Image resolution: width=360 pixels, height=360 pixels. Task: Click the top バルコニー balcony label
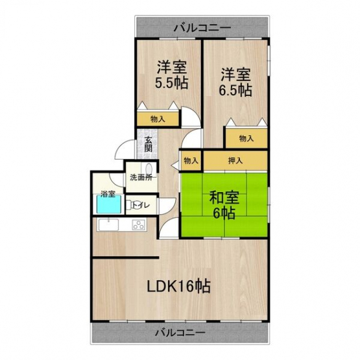coord(202,28)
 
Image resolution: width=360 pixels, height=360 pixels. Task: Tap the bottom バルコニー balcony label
coord(180,333)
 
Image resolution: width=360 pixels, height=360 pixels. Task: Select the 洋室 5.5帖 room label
coord(172,75)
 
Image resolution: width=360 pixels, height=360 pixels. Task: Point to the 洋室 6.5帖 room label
coord(235,82)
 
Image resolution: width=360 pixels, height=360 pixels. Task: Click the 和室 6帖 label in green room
coord(224,205)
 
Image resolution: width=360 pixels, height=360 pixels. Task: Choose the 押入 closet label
coord(235,160)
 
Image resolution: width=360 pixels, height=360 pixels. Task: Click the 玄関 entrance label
coord(149,144)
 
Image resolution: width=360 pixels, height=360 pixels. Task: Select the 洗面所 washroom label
coord(141,178)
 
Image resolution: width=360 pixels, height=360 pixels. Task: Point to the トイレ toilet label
coord(141,205)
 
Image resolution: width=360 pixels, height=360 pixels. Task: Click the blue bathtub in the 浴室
coord(109,204)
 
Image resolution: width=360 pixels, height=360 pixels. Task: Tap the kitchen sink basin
coord(108,225)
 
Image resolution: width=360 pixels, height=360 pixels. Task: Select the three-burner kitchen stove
coord(139,225)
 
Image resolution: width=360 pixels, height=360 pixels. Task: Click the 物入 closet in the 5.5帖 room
coord(158,119)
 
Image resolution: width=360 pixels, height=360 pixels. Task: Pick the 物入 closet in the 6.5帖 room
coord(246,138)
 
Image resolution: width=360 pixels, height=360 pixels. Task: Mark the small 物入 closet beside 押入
coord(191,161)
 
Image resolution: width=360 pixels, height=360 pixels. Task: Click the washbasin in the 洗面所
coord(149,169)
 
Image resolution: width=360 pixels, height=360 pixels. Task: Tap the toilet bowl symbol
coord(130,204)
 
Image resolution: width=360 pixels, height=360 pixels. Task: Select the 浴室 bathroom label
coord(108,194)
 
